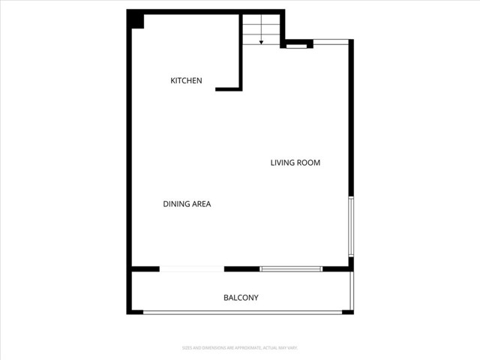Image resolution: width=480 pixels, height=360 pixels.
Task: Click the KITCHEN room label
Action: [186, 80]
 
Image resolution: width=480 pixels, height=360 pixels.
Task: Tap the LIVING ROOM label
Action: [295, 163]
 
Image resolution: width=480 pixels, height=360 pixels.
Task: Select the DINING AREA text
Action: [187, 203]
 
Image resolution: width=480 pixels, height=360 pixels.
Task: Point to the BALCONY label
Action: [241, 298]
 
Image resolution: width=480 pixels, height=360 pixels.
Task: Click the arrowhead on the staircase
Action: [261, 42]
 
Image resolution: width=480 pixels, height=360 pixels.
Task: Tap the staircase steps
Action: [260, 28]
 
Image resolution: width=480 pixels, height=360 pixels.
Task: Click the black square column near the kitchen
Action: [136, 19]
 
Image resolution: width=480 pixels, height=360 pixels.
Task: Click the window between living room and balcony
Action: [291, 268]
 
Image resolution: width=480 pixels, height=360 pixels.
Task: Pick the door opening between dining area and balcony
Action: [192, 268]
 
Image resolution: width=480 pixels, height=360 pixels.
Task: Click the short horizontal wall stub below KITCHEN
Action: [227, 89]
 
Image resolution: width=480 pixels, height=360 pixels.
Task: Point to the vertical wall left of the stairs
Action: [241, 52]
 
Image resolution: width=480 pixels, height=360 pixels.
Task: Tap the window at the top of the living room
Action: [331, 40]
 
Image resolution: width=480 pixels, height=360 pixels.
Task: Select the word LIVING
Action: [282, 163]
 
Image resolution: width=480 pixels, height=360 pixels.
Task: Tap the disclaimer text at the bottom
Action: [240, 347]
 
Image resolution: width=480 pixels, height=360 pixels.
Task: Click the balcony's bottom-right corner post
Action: [348, 311]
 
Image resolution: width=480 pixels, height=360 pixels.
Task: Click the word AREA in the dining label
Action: [202, 203]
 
